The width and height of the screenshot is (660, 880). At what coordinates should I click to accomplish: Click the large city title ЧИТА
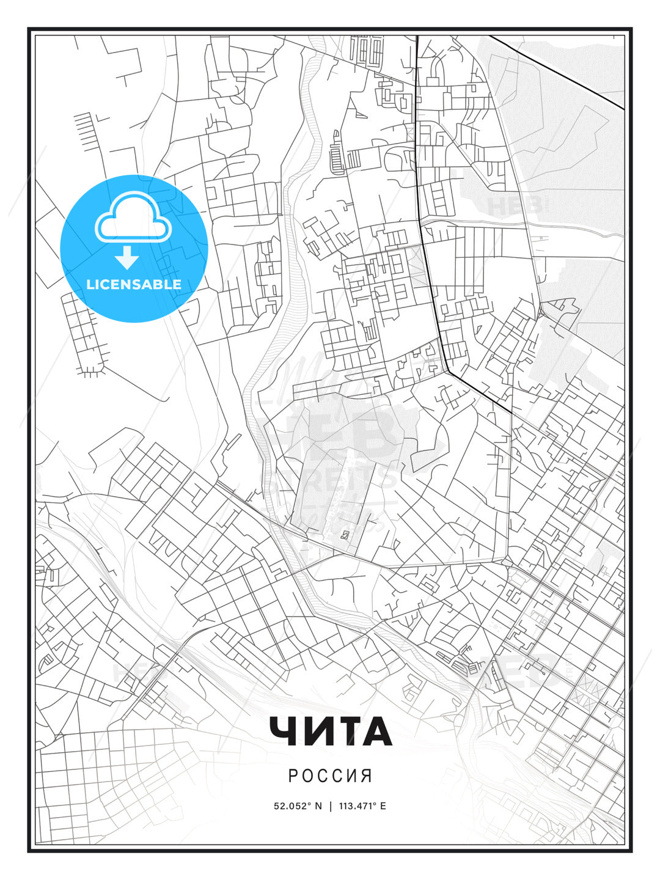pos(330,732)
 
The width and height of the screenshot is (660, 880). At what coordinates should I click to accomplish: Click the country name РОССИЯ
pos(330,776)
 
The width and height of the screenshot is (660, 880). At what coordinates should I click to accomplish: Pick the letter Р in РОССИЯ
pos(293,776)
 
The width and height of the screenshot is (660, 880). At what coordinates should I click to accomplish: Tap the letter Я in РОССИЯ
pos(367,776)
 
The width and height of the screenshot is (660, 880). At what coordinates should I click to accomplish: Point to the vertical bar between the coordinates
pos(331,806)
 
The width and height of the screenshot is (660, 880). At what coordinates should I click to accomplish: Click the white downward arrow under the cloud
pos(127,258)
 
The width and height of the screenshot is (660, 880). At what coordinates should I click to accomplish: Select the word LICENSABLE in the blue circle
pos(134,285)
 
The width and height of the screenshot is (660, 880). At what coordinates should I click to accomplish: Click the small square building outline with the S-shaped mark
pos(345,535)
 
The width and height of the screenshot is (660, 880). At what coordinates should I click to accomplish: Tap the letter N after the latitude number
pos(318,806)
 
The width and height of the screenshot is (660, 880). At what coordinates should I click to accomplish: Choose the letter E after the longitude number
pos(383,806)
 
